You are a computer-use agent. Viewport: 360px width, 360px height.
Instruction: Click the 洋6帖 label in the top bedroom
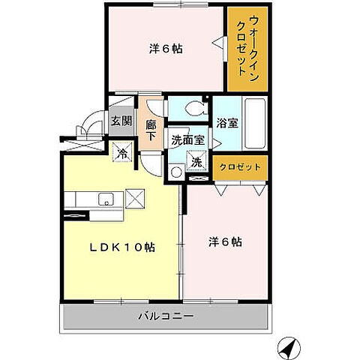(166, 49)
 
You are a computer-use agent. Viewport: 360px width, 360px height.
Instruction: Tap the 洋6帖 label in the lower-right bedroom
(225, 241)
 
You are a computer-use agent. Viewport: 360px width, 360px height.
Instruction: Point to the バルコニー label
(166, 316)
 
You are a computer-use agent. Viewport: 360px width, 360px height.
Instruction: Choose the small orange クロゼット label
(238, 167)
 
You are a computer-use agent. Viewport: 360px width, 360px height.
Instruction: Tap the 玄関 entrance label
(121, 121)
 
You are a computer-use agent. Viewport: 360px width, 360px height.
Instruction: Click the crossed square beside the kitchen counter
(135, 199)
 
